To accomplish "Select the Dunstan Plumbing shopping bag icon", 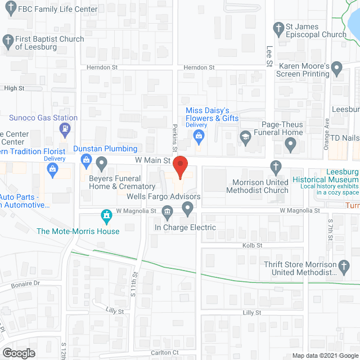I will [85, 161].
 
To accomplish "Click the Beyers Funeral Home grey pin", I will [102, 163].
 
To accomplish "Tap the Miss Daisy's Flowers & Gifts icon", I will [198, 135].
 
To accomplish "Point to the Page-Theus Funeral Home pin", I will [290, 146].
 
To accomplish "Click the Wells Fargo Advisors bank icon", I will [167, 211].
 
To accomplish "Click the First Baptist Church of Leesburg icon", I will [7, 40].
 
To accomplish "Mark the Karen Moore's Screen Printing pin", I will [336, 69].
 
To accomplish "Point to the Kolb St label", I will [252, 245].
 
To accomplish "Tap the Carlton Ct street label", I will [167, 353].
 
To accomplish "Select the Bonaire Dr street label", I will [26, 284].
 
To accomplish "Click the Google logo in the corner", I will [18, 353].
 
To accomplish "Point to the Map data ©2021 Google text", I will [325, 355].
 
